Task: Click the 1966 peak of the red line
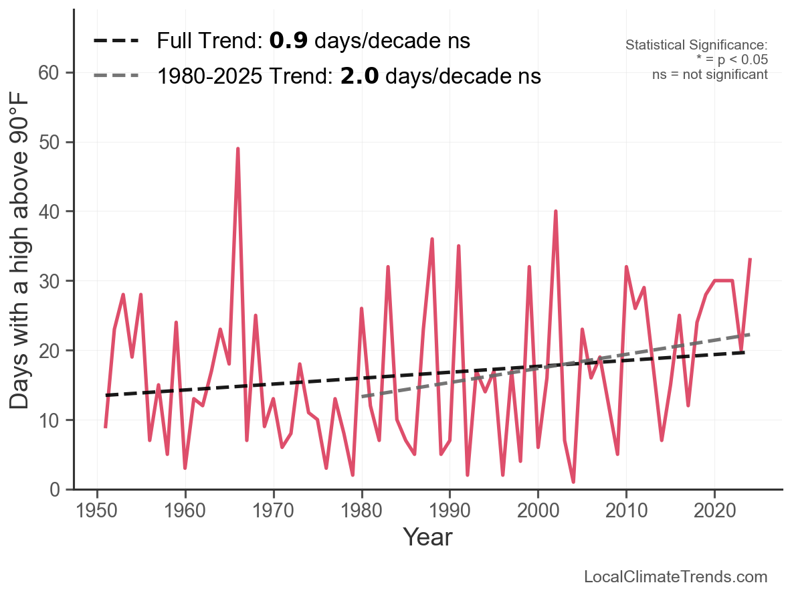point(237,149)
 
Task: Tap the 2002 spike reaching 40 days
point(555,211)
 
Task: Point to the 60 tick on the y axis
point(56,73)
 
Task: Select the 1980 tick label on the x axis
point(361,512)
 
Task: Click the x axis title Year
point(427,537)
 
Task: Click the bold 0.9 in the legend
point(288,41)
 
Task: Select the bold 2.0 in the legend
point(359,76)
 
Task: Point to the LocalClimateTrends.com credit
point(676,577)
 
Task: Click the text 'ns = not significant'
point(710,74)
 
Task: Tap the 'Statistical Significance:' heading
point(696,46)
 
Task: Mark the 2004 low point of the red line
point(573,482)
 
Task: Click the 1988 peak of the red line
point(432,239)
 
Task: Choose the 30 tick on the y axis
point(56,281)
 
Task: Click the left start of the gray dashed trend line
point(362,397)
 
